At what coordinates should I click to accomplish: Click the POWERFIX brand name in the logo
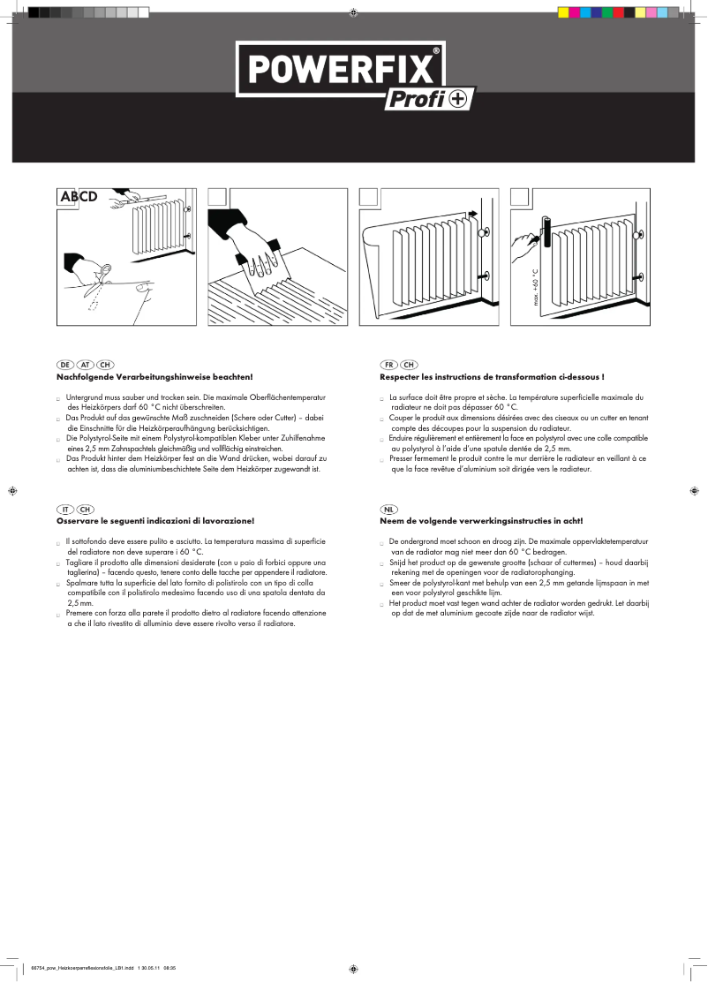340,68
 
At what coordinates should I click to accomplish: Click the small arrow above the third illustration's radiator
471,213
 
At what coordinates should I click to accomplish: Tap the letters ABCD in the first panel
78,197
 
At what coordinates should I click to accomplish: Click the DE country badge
64,365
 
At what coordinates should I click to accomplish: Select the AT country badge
85,365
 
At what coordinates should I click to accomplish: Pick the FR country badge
388,365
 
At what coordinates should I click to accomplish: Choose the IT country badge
64,510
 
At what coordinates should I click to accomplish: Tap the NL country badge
388,510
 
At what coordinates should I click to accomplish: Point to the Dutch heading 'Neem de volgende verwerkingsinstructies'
481,522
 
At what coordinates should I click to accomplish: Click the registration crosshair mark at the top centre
353,12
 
